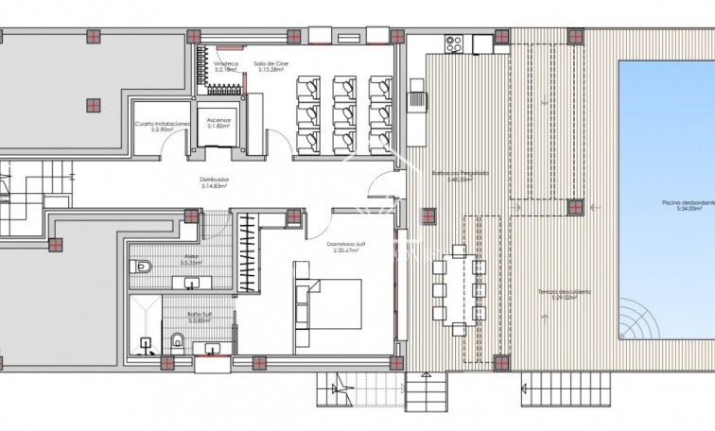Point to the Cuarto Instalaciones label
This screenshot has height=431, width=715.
click(162, 127)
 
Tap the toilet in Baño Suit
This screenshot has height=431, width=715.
click(177, 338)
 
